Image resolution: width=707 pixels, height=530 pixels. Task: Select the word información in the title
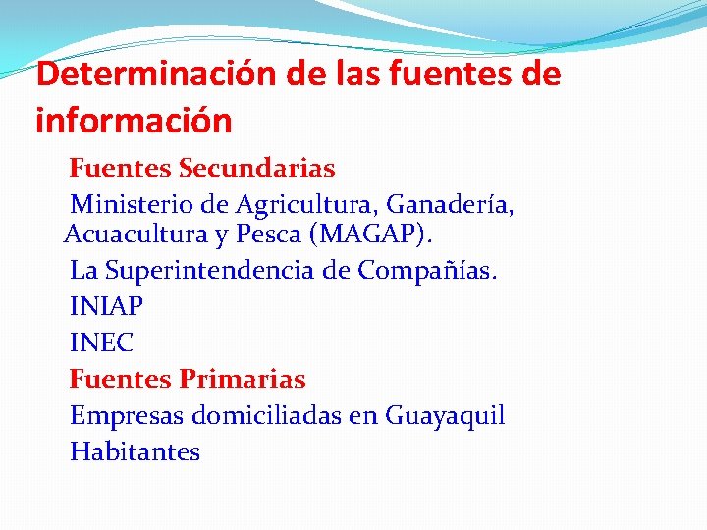134,121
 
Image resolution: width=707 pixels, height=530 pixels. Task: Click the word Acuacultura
135,236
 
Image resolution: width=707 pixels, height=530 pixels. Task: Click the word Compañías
427,270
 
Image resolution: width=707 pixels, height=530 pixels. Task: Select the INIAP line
106,306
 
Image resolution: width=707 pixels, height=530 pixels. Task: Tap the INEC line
101,344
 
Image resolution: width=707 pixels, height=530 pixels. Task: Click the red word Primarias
243,379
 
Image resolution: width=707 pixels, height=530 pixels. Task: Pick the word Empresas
127,416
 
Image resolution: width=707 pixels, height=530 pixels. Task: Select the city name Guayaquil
445,416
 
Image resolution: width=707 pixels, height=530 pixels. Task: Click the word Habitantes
135,452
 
